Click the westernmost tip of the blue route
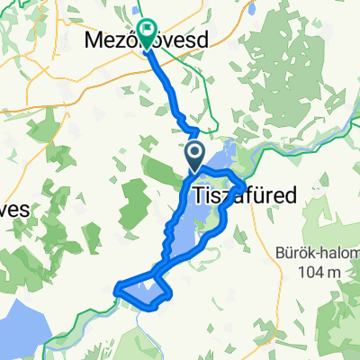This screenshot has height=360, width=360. pyautogui.click(x=116, y=289)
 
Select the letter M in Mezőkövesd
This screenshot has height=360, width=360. pyautogui.click(x=92, y=41)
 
